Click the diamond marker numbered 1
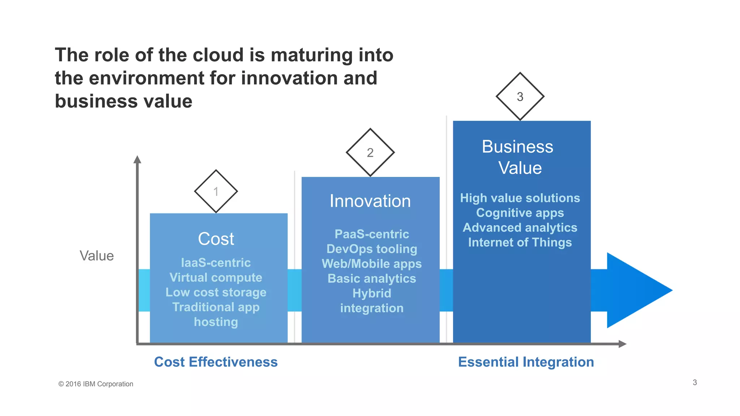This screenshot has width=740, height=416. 216,191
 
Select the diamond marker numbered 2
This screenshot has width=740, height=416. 370,152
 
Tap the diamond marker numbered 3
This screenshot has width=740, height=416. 520,96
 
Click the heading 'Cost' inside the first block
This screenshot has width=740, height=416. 216,239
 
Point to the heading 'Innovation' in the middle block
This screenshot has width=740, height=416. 370,201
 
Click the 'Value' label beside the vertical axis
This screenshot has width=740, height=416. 96,256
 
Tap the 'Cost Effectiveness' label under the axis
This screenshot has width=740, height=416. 216,362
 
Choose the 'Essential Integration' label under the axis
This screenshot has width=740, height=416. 526,362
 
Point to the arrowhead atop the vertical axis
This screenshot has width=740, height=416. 137,160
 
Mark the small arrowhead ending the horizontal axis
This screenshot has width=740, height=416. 622,344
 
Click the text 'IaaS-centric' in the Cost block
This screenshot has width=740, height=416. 216,263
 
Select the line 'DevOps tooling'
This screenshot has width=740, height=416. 371,249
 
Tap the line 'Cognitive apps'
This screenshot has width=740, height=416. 520,213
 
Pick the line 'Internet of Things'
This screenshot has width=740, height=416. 520,242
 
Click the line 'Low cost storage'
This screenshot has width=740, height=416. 216,292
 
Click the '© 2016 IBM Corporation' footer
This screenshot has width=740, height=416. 96,384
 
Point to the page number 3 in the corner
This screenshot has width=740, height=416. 694,382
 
